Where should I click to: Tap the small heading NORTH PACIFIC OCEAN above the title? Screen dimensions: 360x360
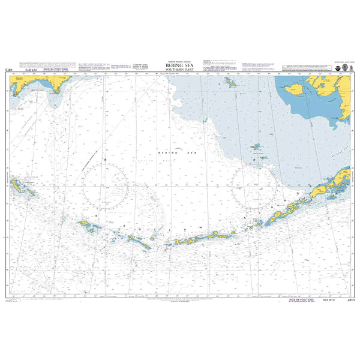[179, 62]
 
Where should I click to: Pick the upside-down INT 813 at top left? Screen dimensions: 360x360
[29, 71]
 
